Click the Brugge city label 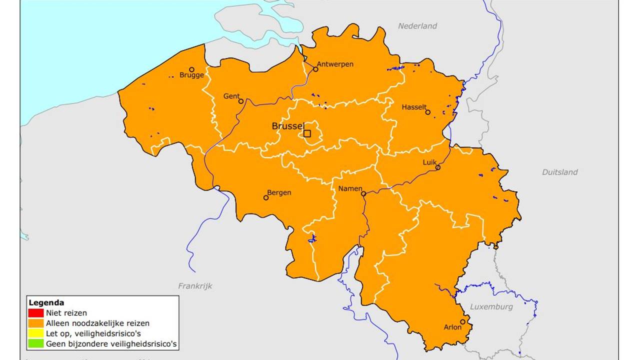[x=192, y=75]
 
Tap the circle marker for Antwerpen [x=315, y=69]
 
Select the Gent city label [x=231, y=96]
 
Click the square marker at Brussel [x=307, y=133]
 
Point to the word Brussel [x=287, y=126]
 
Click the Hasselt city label [x=414, y=107]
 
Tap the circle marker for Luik [x=438, y=167]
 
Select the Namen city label [x=350, y=188]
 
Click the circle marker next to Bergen [x=266, y=197]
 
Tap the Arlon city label [x=452, y=327]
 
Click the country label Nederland [x=417, y=26]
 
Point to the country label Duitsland [x=559, y=172]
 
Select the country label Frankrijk [x=195, y=286]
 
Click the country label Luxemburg [x=491, y=306]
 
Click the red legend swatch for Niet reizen [x=36, y=313]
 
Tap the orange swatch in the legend [x=36, y=323]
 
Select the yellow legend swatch [x=36, y=333]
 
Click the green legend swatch [x=36, y=344]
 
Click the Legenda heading [x=46, y=302]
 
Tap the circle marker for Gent [x=241, y=101]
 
